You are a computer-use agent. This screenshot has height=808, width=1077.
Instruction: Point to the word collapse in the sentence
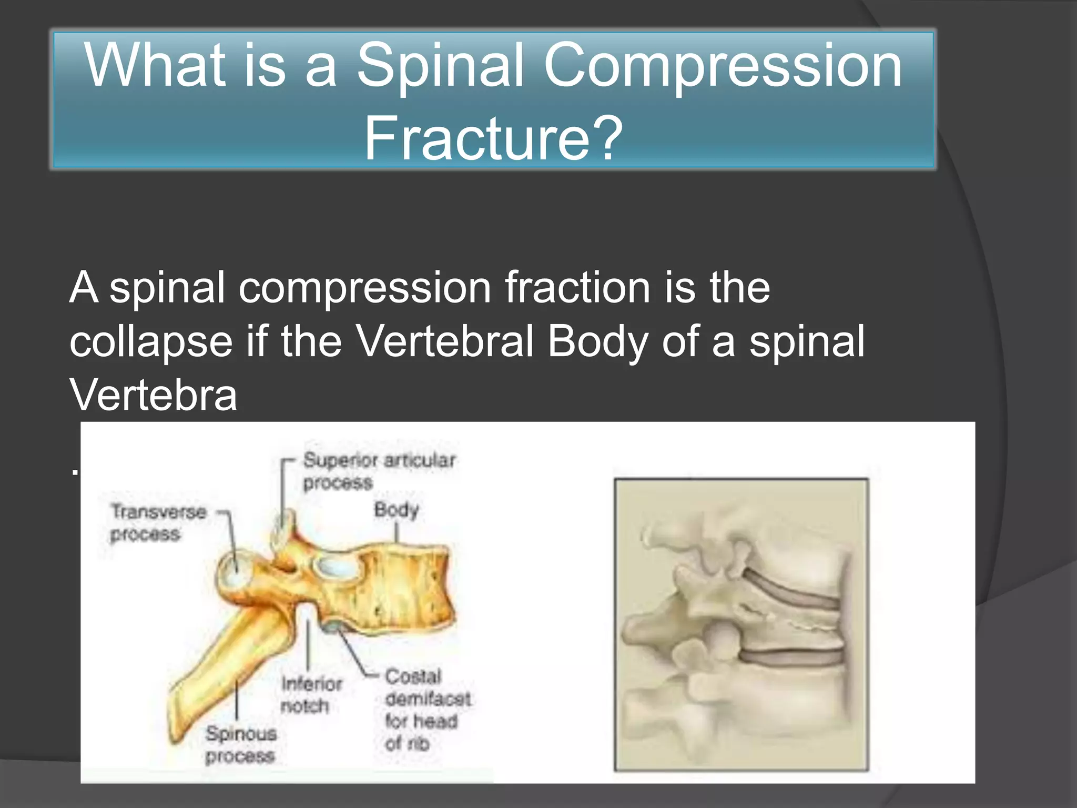(x=151, y=342)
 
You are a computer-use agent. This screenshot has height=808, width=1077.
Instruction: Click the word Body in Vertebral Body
(x=597, y=341)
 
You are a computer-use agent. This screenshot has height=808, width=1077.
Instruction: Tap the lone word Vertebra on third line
(x=153, y=395)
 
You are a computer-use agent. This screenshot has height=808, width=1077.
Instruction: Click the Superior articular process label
(x=379, y=471)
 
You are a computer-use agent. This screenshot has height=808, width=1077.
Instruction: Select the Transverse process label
(x=158, y=522)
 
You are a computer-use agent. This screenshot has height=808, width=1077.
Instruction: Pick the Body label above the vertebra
(x=396, y=509)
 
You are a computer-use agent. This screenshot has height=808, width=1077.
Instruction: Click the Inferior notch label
(x=311, y=694)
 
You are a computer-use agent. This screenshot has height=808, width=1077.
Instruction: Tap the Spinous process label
(x=240, y=744)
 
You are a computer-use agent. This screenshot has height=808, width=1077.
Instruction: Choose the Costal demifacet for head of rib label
(x=427, y=709)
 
